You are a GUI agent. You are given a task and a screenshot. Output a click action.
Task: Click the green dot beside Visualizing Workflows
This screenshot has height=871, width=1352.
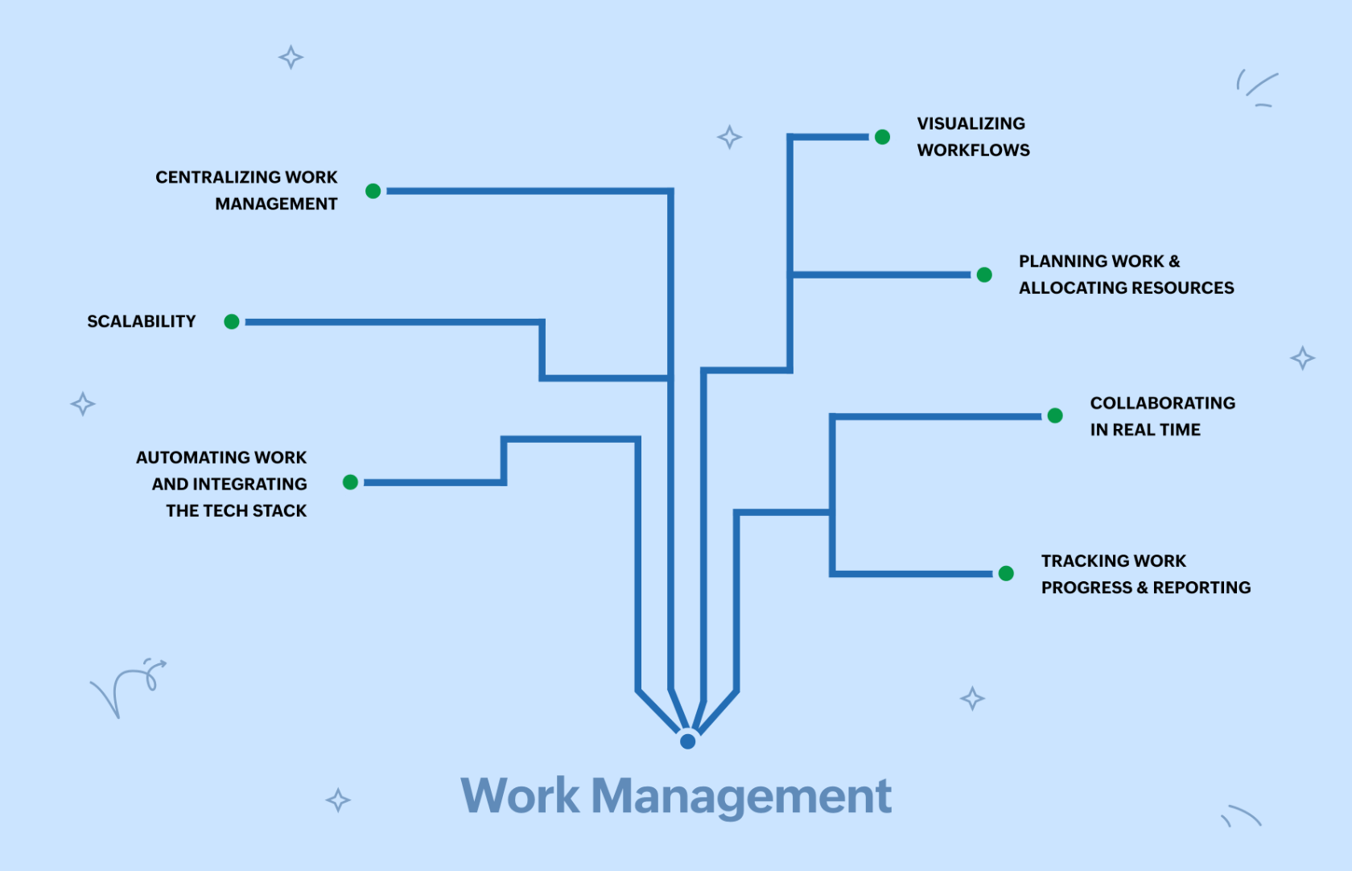click(x=882, y=137)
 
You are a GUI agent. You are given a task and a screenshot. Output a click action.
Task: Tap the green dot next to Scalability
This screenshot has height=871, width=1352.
click(x=232, y=322)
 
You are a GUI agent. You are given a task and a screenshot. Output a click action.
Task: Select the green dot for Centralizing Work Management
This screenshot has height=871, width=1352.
click(x=373, y=191)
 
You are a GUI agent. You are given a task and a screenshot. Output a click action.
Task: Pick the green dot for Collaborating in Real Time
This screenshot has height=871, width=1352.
click(x=1055, y=415)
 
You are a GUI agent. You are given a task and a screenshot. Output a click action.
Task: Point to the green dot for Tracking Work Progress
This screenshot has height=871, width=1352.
click(x=1006, y=573)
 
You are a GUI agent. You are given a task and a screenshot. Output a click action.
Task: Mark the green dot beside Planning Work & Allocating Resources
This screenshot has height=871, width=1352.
click(x=984, y=275)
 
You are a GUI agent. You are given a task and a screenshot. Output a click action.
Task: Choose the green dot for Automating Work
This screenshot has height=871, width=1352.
click(x=350, y=482)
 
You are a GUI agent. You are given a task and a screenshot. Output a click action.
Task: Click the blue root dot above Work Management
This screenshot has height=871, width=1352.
click(x=687, y=741)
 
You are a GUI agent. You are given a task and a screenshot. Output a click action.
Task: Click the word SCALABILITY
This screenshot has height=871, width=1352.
click(x=142, y=322)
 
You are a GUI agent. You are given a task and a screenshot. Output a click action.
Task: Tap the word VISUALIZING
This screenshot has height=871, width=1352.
click(x=971, y=124)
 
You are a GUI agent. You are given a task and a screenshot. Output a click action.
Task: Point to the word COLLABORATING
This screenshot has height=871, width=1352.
click(x=1163, y=403)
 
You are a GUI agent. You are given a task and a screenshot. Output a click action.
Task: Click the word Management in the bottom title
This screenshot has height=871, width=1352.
click(x=741, y=796)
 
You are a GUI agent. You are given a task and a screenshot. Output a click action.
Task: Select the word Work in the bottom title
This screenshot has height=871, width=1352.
click(x=520, y=796)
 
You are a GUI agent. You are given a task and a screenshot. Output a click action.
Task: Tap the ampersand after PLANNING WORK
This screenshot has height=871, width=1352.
click(x=1174, y=262)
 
